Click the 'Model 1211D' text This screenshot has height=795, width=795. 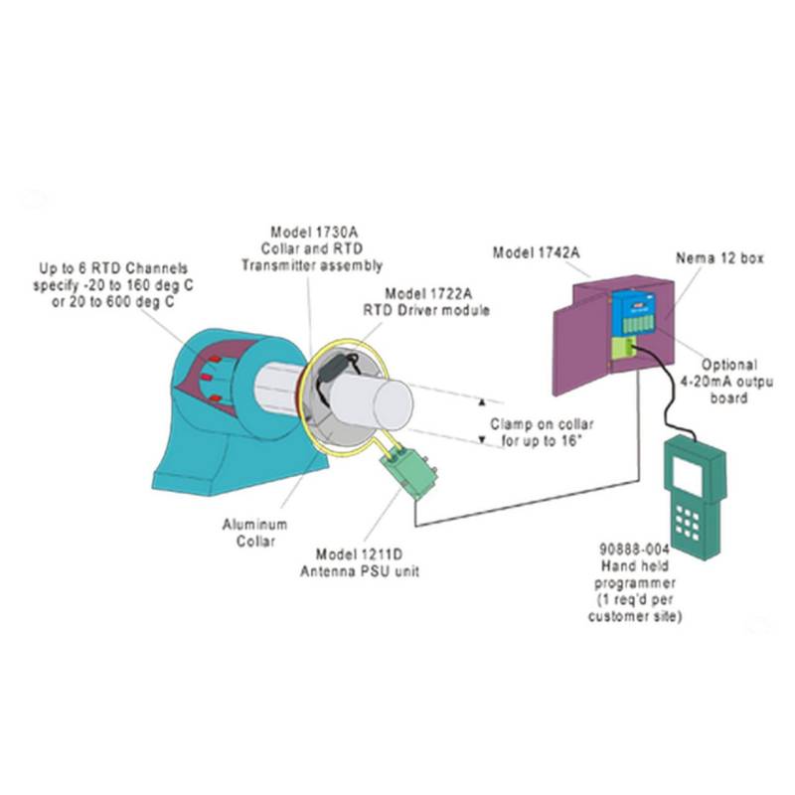(356, 554)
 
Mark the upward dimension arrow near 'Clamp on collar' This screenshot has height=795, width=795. (482, 402)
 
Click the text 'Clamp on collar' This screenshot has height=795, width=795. (533, 422)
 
